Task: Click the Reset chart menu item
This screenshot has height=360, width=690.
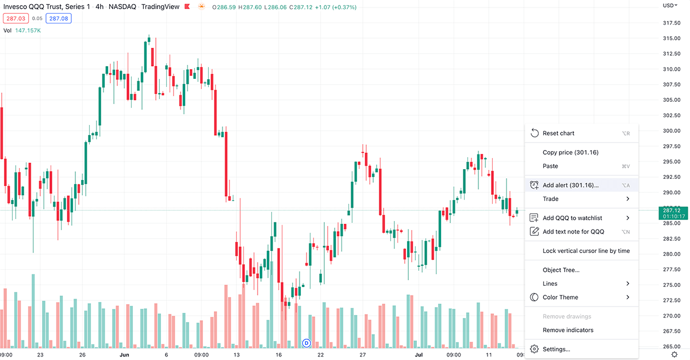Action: (x=558, y=133)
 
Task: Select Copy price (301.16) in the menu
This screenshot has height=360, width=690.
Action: (x=570, y=152)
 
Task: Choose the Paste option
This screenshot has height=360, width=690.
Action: (x=550, y=166)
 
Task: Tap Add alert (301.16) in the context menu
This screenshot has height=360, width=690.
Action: (x=570, y=185)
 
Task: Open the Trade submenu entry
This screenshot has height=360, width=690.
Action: (x=550, y=199)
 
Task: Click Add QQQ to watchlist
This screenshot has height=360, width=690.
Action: (x=572, y=218)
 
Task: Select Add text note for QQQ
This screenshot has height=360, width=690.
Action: (x=573, y=232)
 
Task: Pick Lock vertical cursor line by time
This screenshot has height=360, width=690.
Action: (x=586, y=251)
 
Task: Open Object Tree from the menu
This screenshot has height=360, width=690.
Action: (x=561, y=270)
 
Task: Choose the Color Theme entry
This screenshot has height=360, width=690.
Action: (x=560, y=297)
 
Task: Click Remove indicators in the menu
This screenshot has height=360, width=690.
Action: (x=568, y=330)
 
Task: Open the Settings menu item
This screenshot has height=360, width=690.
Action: (x=556, y=349)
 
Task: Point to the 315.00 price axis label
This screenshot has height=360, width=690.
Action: (x=672, y=39)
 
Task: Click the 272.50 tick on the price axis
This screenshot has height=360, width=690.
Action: (x=672, y=301)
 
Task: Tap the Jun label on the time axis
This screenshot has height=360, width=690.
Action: (x=124, y=355)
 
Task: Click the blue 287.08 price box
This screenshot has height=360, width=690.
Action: (x=58, y=18)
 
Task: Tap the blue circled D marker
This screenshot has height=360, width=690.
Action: (x=306, y=343)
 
